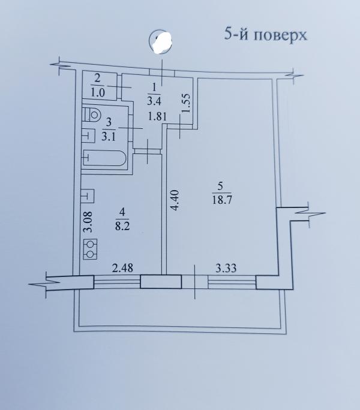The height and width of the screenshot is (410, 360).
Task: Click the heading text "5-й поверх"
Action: click(x=265, y=35)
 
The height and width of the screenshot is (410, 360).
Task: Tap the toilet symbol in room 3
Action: click(x=92, y=114)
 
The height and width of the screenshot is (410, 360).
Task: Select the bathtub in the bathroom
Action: click(x=105, y=158)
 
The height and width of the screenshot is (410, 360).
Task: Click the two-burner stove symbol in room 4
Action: click(x=90, y=249)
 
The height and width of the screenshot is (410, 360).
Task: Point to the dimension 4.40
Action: click(x=175, y=200)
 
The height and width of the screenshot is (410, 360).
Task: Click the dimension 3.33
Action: click(x=226, y=269)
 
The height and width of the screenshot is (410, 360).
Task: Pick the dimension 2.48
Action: click(x=122, y=268)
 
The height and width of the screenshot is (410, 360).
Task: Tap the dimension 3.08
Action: click(x=88, y=222)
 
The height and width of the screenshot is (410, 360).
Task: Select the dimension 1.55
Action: click(x=186, y=103)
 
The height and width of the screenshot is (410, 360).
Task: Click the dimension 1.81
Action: click(x=157, y=116)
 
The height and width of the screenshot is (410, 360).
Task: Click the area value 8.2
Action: click(x=122, y=225)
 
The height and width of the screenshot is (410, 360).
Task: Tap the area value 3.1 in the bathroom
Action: click(x=109, y=137)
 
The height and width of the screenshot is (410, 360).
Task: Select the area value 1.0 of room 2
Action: click(x=98, y=94)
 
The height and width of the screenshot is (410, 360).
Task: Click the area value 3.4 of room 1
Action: click(x=154, y=101)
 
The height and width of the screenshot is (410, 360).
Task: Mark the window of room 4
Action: click(x=117, y=282)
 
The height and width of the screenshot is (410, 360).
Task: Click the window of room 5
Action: click(x=232, y=282)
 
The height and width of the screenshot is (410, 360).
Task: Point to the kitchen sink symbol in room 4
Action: click(x=88, y=195)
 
